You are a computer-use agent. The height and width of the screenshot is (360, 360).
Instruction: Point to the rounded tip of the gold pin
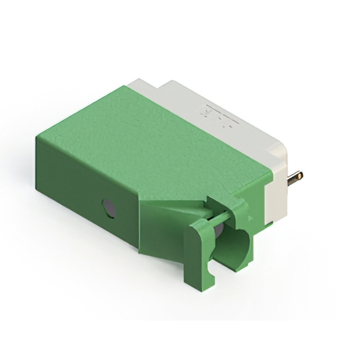point(300,175)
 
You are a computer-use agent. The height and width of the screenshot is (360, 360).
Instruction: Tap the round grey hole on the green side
point(109,209)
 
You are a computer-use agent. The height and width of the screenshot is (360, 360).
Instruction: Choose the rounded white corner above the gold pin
point(281,149)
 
